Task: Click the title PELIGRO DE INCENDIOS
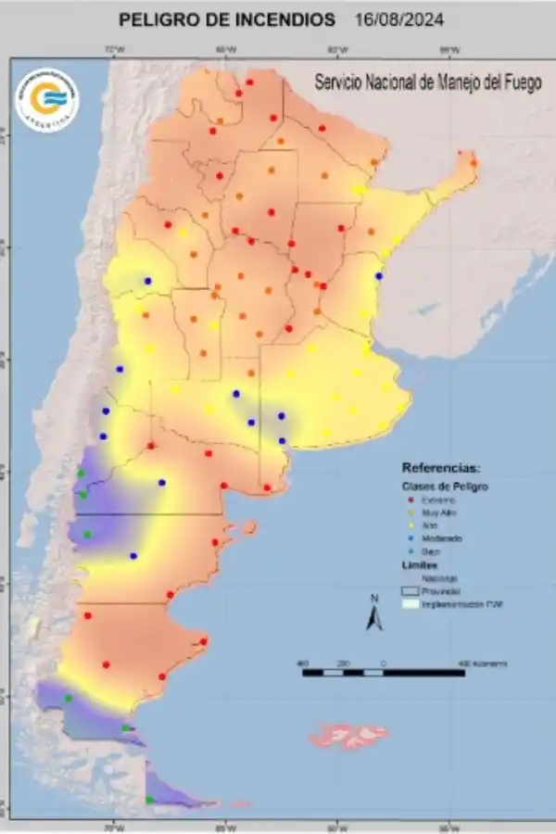pyautogui.click(x=228, y=19)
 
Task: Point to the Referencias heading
pyautogui.click(x=441, y=467)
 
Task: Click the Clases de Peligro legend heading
pyautogui.click(x=445, y=486)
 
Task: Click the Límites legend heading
pyautogui.click(x=420, y=563)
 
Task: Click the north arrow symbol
pyautogui.click(x=373, y=614)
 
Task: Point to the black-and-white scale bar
pyautogui.click(x=384, y=672)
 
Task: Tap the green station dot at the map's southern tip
pyautogui.click(x=149, y=800)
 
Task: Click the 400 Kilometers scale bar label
pyautogui.click(x=483, y=663)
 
